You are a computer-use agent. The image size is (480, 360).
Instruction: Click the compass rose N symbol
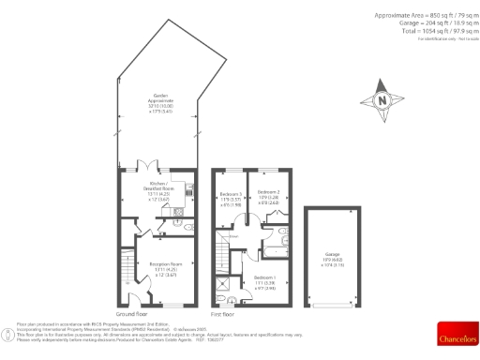coord(381,101)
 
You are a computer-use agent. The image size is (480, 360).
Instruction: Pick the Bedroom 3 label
coord(231,197)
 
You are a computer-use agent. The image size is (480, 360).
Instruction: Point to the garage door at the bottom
coord(333,306)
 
